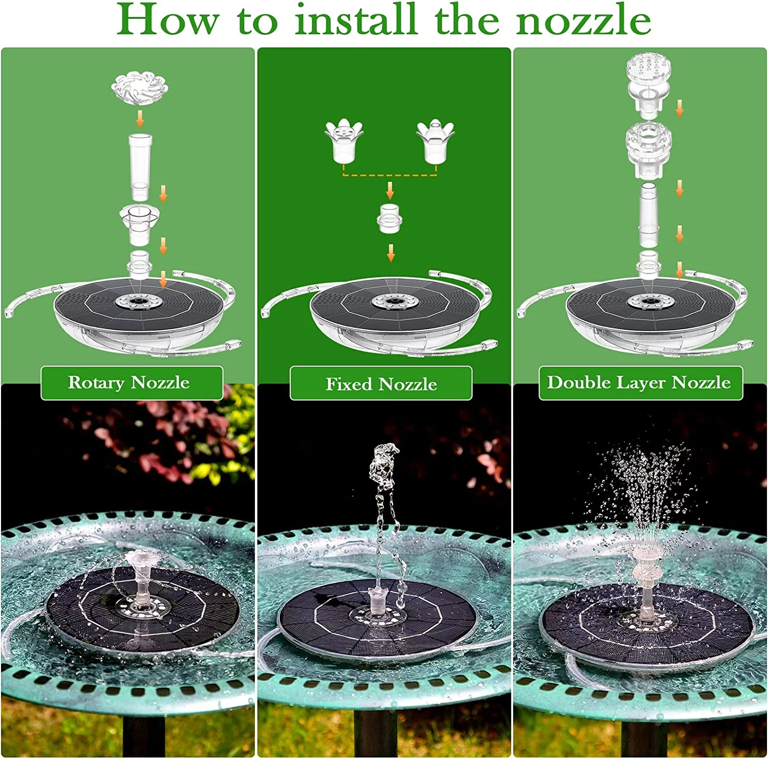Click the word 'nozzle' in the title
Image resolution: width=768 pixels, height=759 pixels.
[x=583, y=20]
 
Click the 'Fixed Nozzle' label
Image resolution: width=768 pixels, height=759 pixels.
[x=381, y=384]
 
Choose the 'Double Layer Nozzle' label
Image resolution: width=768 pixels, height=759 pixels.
[x=639, y=383]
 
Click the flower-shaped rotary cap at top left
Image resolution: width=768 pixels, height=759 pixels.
[x=140, y=88]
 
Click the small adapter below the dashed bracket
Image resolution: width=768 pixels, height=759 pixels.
[x=390, y=219]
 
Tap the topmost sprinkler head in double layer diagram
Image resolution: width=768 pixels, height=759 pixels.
[x=649, y=82]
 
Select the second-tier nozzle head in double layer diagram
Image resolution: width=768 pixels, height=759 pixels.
[x=648, y=149]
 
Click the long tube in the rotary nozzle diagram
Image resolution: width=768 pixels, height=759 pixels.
[x=140, y=166]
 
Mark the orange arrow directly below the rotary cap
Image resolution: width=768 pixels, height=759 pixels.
[x=140, y=119]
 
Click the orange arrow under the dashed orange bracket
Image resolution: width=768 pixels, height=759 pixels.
[x=390, y=191]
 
